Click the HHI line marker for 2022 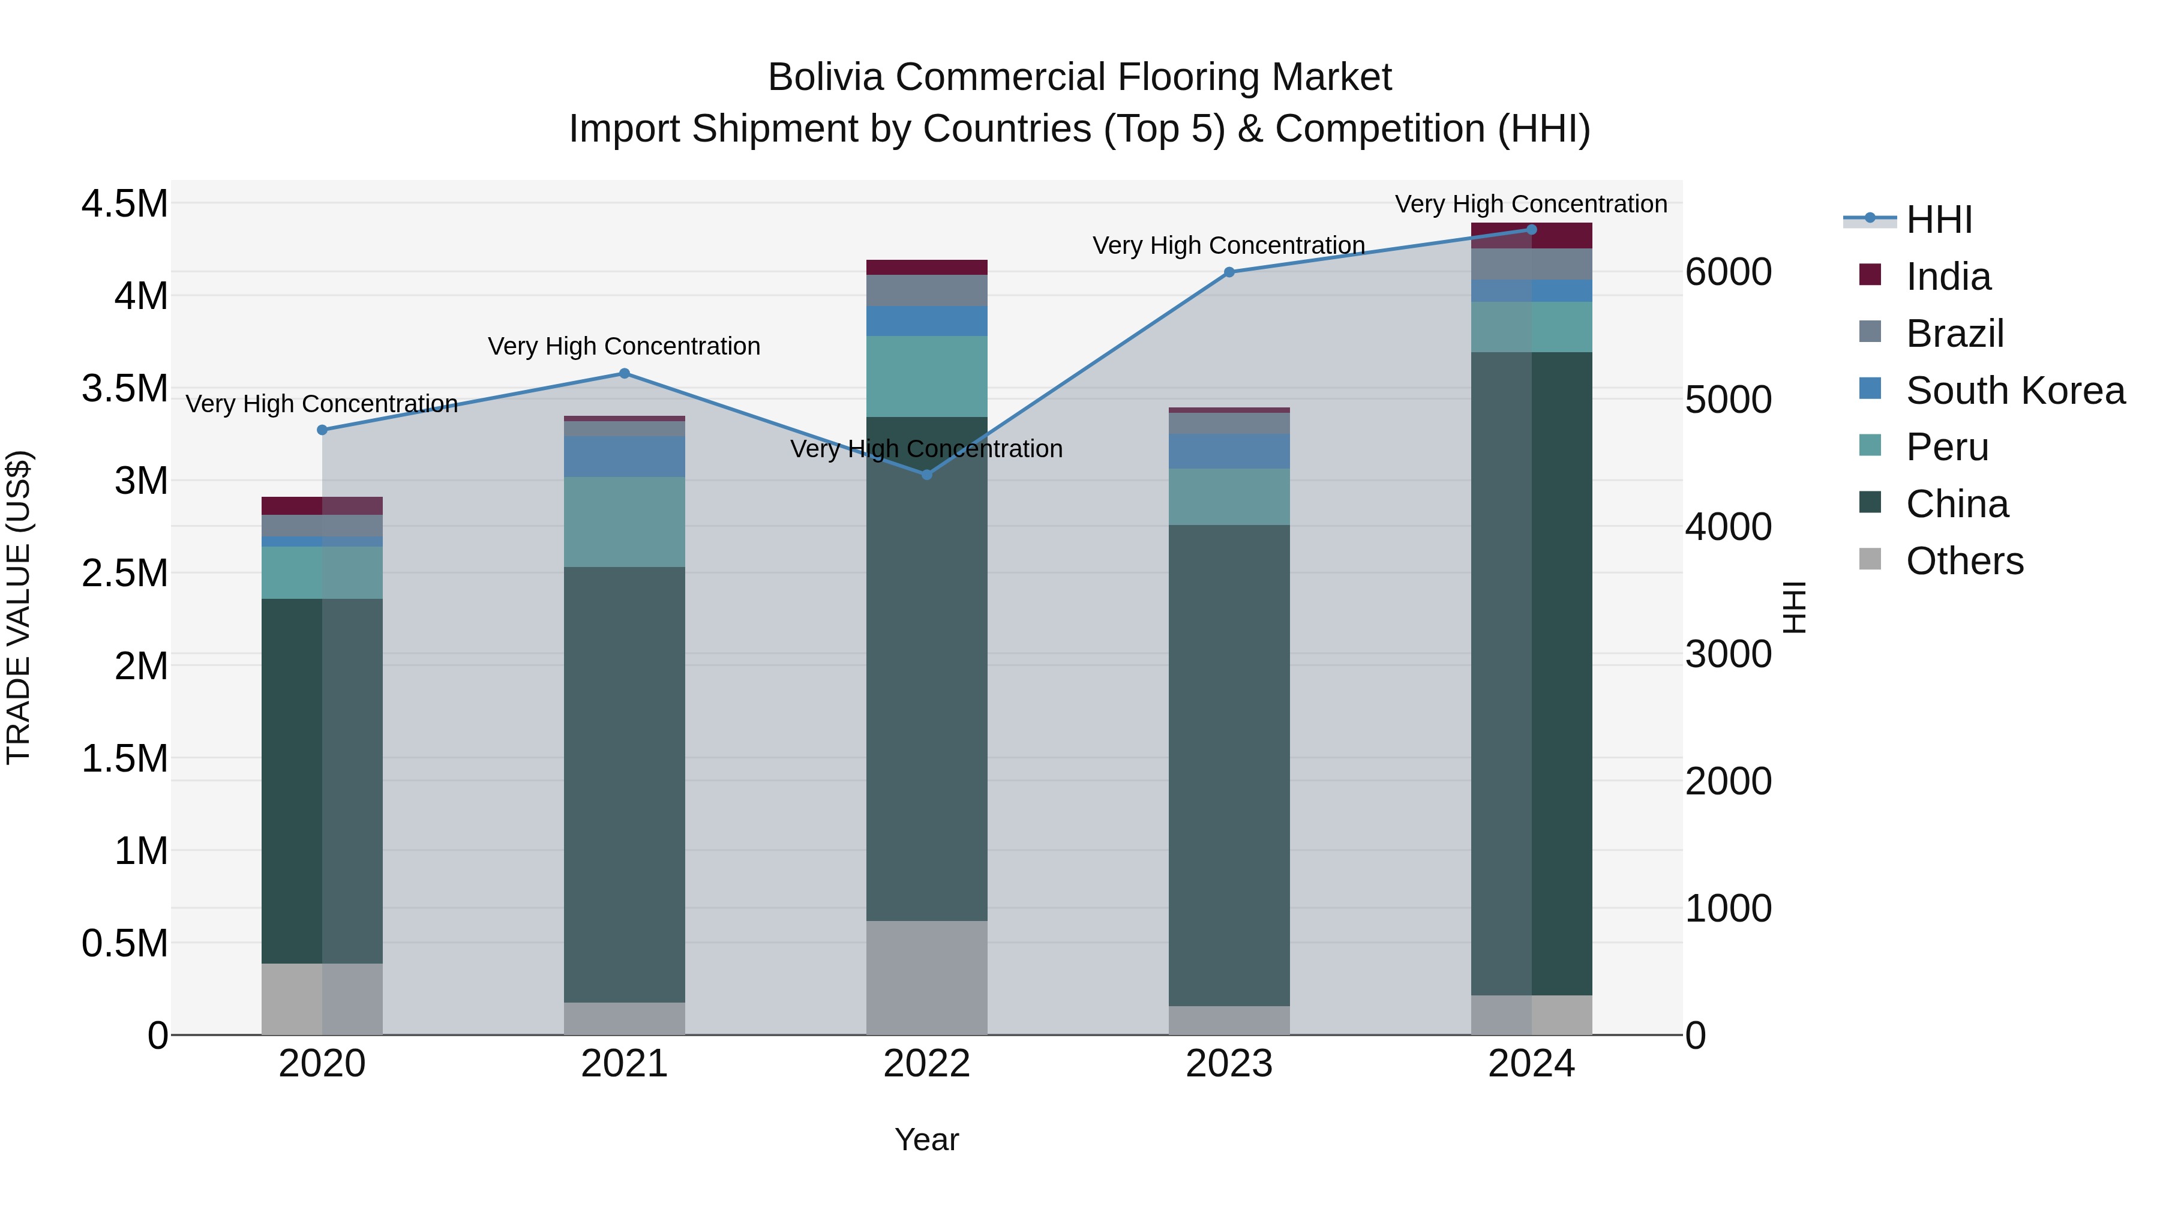(x=926, y=475)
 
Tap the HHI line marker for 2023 (x=1229, y=272)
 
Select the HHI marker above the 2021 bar (x=624, y=373)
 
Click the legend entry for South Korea (x=2014, y=390)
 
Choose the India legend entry (x=1947, y=276)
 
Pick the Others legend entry (x=1964, y=560)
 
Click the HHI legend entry (x=1938, y=220)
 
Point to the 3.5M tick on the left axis (x=124, y=388)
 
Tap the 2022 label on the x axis (x=926, y=1064)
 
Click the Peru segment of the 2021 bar (x=624, y=521)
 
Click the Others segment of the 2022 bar (x=926, y=978)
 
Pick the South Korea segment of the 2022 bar (x=926, y=321)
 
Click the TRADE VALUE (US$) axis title (x=19, y=607)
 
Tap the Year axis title (x=926, y=1139)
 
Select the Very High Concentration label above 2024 (x=1531, y=204)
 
